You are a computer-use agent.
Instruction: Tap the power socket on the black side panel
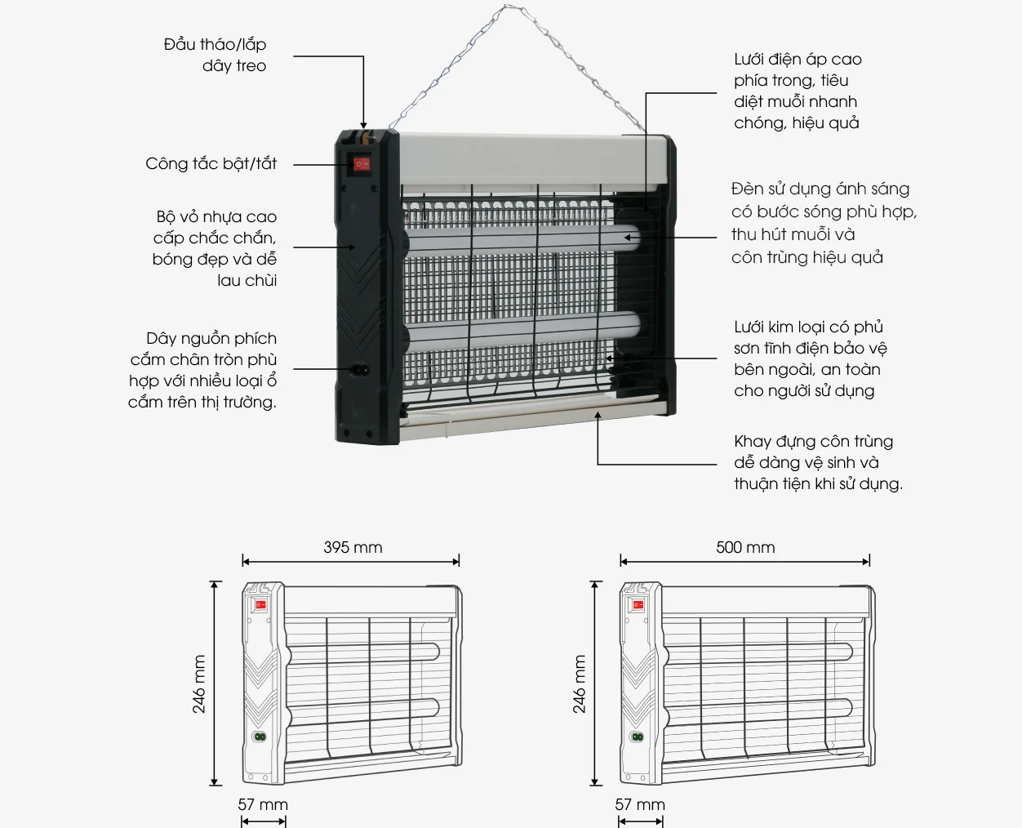359,371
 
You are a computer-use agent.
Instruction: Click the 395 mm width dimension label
353,547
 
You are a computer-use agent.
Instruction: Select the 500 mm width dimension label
745,547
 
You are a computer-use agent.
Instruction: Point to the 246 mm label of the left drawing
199,684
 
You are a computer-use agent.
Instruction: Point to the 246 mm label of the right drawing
579,684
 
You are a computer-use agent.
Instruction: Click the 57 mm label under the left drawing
263,804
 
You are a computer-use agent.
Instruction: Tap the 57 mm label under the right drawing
640,804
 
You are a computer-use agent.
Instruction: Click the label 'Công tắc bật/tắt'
211,163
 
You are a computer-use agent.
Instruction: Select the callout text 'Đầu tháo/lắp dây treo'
216,55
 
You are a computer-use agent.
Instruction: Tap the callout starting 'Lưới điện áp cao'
798,91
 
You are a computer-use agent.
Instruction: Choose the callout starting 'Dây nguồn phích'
202,370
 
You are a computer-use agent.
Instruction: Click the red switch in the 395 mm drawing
260,605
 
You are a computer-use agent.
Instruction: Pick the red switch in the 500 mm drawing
638,605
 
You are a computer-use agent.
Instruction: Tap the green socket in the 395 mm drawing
260,737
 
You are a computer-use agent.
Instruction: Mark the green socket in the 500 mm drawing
638,737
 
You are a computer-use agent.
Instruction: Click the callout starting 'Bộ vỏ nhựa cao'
215,248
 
